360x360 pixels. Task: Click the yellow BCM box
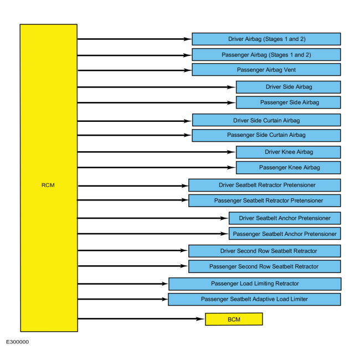[234, 319]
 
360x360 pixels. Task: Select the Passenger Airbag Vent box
[266, 70]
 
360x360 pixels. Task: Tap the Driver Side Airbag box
[289, 87]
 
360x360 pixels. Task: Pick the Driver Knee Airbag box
[289, 152]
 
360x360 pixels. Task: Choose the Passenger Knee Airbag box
[289, 168]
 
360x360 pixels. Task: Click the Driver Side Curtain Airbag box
[266, 120]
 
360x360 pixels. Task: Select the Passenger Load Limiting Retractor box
[255, 284]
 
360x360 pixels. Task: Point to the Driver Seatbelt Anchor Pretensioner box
[285, 218]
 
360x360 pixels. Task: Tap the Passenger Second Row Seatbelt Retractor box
[265, 266]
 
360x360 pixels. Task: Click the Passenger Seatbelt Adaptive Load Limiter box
[254, 300]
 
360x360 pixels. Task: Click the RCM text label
[48, 185]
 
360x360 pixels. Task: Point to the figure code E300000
[18, 342]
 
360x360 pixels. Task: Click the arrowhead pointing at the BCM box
[200, 318]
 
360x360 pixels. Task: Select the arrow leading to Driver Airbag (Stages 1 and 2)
[135, 39]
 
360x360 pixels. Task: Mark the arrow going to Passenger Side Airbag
[157, 102]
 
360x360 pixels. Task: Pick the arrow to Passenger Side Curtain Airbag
[135, 135]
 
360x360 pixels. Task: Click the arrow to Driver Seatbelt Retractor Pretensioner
[133, 186]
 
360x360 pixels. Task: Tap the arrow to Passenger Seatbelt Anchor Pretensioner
[153, 234]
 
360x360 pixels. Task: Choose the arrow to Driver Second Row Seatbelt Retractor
[133, 250]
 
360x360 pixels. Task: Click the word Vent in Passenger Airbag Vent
[290, 70]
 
